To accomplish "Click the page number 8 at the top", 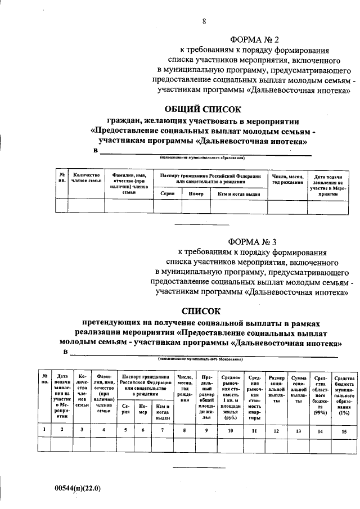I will pos(204,21).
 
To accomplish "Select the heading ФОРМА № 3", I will pos(254,242).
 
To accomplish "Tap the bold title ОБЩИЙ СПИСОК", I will pos(202,109).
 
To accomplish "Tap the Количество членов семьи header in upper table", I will pos(86,178).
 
